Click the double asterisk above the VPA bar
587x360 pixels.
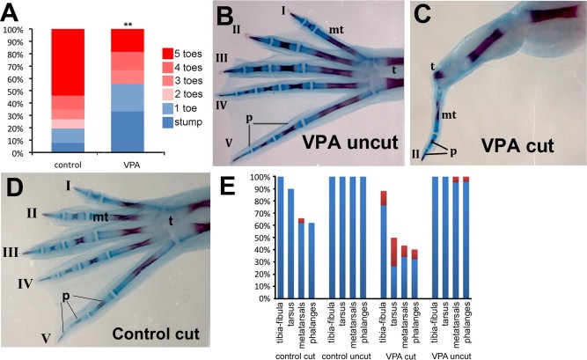click(x=128, y=20)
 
